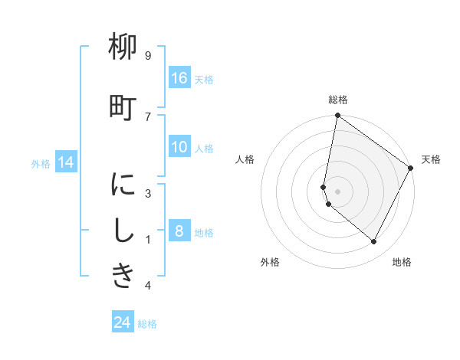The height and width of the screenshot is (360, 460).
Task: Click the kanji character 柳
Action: tap(123, 46)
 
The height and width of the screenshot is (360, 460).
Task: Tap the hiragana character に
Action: tap(123, 184)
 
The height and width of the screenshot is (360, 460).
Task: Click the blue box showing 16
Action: tap(179, 77)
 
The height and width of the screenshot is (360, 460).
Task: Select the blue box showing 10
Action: tap(179, 146)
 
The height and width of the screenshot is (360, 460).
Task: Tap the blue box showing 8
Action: tap(179, 230)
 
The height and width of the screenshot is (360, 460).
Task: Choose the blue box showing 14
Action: tap(66, 162)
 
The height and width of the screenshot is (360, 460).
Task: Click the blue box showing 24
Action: tap(123, 321)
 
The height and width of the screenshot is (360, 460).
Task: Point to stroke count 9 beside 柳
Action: tap(148, 55)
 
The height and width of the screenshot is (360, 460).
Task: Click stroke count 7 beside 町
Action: tap(148, 117)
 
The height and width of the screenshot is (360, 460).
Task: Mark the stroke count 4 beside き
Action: tap(148, 285)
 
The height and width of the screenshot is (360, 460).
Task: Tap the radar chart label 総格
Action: tap(338, 100)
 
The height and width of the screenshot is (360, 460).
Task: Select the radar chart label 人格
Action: tap(245, 159)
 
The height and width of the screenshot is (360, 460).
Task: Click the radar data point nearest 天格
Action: tap(410, 168)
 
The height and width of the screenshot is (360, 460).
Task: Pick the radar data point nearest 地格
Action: tap(373, 241)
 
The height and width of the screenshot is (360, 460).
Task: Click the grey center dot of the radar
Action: tap(337, 191)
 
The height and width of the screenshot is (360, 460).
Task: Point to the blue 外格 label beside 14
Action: tap(41, 164)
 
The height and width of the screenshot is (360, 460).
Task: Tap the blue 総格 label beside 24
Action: tap(147, 324)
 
